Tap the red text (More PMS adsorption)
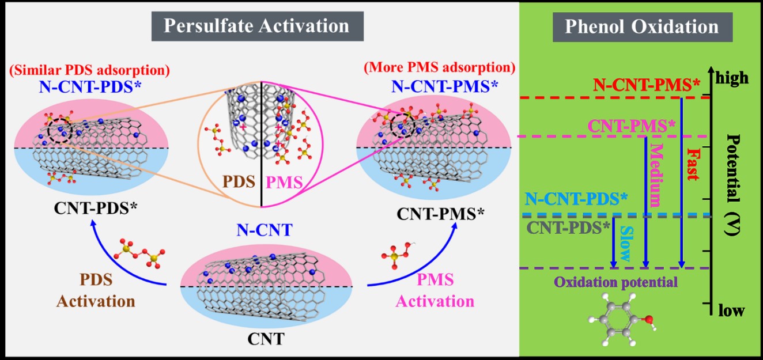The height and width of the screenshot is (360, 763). click(439, 67)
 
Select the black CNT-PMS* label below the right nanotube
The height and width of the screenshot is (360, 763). click(441, 214)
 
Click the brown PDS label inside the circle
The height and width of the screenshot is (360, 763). click(238, 184)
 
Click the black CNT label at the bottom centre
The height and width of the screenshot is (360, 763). click(266, 339)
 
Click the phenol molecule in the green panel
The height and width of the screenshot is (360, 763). click(621, 320)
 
